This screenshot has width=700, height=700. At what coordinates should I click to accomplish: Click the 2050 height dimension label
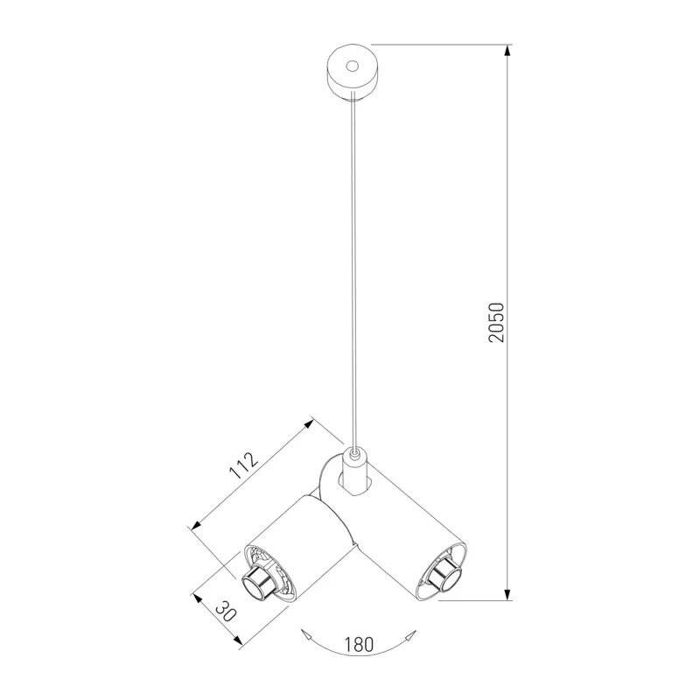[496, 322]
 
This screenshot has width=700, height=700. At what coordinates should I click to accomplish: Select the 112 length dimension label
[244, 465]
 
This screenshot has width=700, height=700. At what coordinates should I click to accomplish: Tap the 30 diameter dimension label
[225, 611]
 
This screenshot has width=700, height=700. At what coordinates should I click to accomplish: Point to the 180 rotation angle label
[359, 645]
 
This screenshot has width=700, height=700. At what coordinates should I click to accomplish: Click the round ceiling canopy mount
[353, 73]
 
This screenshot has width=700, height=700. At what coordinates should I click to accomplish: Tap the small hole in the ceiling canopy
[353, 66]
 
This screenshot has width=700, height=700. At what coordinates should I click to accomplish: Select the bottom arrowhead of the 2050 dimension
[507, 595]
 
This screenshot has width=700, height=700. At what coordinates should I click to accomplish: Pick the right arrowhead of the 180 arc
[411, 635]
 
